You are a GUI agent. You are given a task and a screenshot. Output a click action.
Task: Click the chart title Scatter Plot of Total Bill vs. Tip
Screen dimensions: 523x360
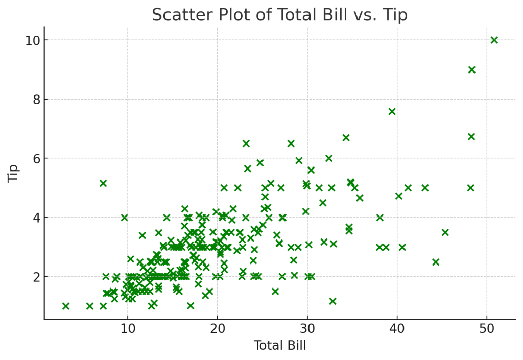[x=279, y=15]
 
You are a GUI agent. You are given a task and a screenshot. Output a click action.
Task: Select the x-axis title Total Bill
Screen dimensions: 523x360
[x=280, y=345]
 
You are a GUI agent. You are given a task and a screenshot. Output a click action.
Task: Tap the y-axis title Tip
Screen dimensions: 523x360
[x=13, y=173]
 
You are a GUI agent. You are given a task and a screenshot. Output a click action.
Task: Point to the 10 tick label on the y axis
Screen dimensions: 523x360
[x=33, y=41]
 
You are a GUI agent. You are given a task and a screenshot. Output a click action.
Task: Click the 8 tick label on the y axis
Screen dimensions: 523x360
[x=36, y=100]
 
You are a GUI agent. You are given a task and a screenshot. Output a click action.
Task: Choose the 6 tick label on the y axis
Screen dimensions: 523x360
[x=36, y=159]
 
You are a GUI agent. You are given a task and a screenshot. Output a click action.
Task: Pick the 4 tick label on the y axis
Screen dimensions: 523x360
[x=36, y=218]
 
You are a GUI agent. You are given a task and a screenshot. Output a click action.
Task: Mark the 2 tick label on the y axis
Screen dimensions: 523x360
[x=36, y=277]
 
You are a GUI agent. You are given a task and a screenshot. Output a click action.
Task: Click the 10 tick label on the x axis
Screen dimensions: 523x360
[x=128, y=329]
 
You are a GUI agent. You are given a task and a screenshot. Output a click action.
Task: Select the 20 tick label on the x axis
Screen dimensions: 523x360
[x=218, y=329]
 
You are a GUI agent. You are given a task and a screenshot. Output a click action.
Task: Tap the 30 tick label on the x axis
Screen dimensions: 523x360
[x=307, y=329]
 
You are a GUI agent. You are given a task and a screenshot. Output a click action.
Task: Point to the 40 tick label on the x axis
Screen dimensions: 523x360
[x=397, y=329]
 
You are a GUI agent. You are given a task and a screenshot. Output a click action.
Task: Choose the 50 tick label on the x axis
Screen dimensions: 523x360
[x=487, y=329]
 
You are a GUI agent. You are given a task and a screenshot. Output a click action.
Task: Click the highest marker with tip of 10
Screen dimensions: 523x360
[x=494, y=40]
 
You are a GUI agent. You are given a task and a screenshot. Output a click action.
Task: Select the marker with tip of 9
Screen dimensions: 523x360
[x=471, y=69]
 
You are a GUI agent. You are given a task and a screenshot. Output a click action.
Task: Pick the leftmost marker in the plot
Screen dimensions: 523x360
[x=66, y=306]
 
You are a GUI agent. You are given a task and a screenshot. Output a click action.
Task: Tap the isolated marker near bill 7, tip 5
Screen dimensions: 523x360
[x=103, y=183]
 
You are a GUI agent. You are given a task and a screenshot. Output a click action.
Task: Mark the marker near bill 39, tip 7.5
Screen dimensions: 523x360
[x=392, y=112]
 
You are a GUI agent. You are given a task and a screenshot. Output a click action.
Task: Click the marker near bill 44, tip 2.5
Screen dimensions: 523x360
[x=436, y=262]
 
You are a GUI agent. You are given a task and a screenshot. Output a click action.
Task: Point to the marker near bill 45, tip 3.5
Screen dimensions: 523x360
[x=445, y=232]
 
